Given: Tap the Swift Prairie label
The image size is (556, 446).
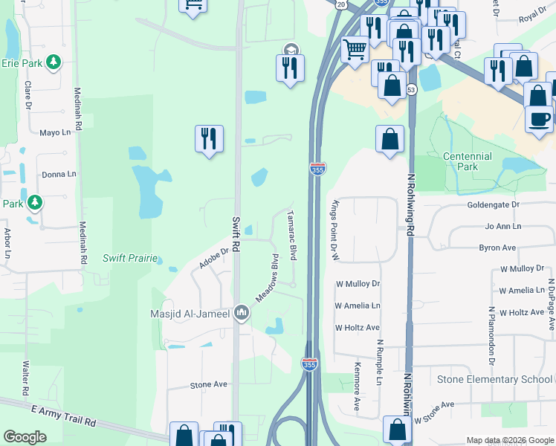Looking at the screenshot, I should pyautogui.click(x=130, y=258).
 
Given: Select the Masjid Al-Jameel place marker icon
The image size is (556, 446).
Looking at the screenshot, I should pyautogui.click(x=241, y=313).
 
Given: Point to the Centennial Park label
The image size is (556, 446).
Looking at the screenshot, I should pyautogui.click(x=467, y=161).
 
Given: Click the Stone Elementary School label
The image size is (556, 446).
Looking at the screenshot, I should pyautogui.click(x=494, y=379).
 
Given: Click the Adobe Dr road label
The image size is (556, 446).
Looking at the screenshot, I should pyautogui.click(x=213, y=258).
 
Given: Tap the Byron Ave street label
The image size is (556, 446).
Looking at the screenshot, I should pyautogui.click(x=497, y=248).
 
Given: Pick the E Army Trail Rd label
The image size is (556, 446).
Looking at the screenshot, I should pyautogui.click(x=63, y=415).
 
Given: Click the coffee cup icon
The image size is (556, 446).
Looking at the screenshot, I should pyautogui.click(x=539, y=118).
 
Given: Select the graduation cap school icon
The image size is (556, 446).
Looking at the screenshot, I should pyautogui.click(x=290, y=51).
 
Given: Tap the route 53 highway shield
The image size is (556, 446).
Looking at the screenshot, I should pyautogui.click(x=411, y=89).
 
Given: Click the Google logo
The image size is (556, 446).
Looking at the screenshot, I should pyautogui.click(x=25, y=437).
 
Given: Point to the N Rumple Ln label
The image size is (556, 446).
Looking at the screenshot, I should pyautogui.click(x=378, y=363).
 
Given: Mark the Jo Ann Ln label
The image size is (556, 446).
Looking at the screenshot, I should pyautogui.click(x=502, y=226).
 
